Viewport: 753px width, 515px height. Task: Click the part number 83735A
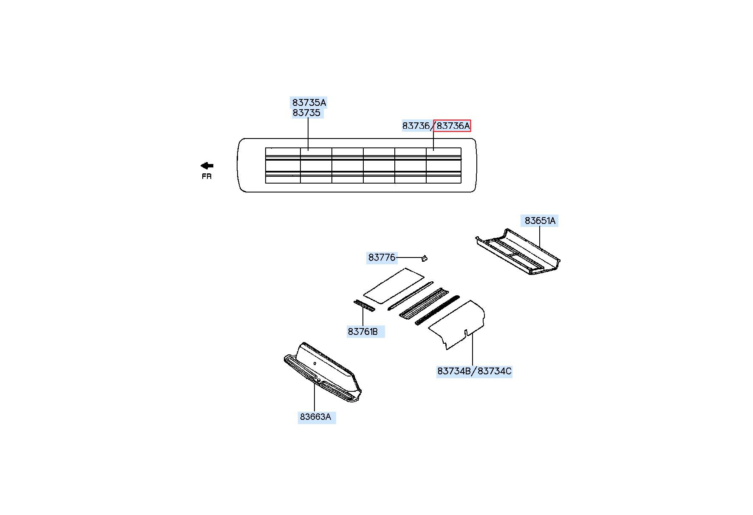point(309,102)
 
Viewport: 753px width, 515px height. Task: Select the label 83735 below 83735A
point(306,113)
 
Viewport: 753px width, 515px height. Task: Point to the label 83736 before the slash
point(416,126)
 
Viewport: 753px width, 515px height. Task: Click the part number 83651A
point(540,221)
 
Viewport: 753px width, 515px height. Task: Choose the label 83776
point(382,257)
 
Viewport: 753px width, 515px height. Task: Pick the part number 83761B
point(362,331)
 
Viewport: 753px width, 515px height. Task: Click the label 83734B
point(454,371)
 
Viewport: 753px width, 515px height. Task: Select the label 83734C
point(494,371)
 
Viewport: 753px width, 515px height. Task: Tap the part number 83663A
point(315,417)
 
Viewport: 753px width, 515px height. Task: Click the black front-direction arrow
point(207,166)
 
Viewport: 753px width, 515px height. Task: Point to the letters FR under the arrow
point(207,176)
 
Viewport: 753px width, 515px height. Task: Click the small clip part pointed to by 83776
point(424,257)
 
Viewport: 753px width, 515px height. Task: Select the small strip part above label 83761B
point(365,306)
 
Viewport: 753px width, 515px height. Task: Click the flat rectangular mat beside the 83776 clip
point(394,286)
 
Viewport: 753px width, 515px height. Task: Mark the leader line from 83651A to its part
point(540,237)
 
